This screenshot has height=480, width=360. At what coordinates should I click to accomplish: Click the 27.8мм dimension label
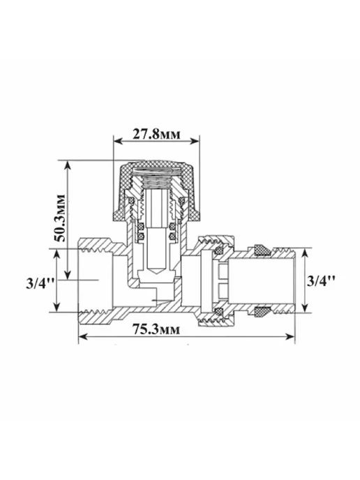pos(156,134)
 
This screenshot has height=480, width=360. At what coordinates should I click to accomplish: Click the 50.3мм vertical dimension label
pos(61,218)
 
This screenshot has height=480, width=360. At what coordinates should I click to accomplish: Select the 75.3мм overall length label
pos(156,329)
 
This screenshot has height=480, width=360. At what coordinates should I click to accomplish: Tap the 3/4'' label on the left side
pos(40,284)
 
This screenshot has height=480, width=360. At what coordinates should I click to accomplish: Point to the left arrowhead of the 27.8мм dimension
pos(118,141)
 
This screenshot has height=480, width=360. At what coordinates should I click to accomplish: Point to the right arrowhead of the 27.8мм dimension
pos(195,141)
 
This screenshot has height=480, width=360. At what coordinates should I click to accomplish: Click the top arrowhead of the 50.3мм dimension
pos(68,165)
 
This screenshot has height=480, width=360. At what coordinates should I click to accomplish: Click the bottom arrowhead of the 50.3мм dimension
pos(68,275)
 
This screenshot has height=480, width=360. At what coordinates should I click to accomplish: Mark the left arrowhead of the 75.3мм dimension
pos(84,337)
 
